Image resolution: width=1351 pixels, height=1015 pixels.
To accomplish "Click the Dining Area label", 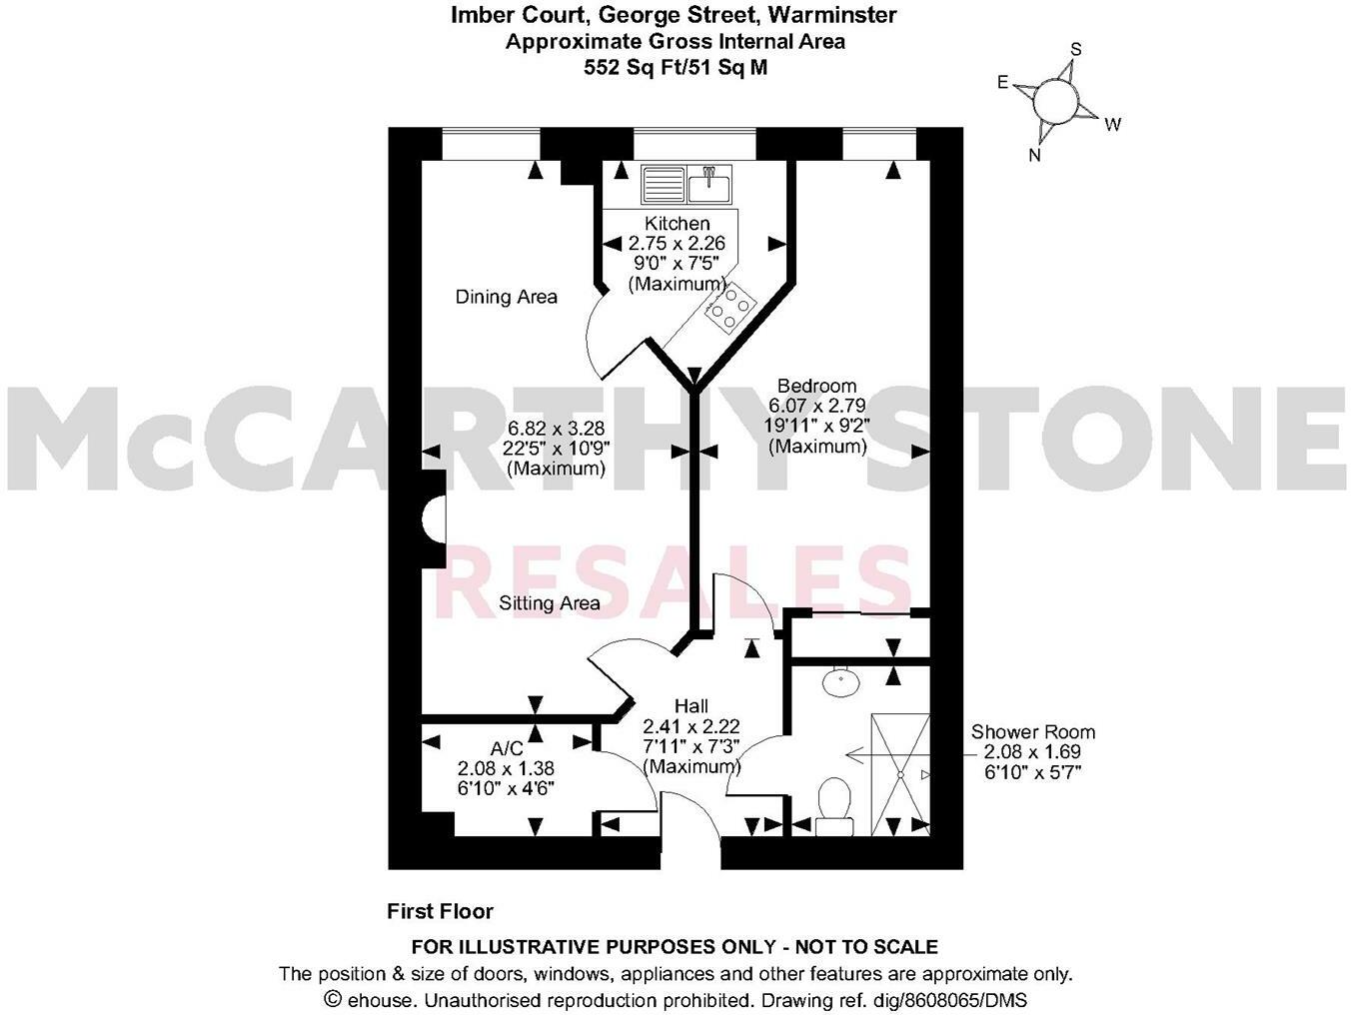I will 506,297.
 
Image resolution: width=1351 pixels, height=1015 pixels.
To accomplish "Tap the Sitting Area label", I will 550,602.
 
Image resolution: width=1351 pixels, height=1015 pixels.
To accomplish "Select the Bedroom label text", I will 816,386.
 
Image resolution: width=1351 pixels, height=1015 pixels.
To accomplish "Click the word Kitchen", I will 676,224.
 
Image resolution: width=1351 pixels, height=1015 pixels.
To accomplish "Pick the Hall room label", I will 690,706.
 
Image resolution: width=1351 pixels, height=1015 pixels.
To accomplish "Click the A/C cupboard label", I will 506,748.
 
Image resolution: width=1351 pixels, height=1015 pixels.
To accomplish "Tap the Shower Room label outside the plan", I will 1032,732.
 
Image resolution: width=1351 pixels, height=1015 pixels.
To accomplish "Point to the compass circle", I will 1054,101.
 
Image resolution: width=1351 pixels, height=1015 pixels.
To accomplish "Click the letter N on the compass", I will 1034,155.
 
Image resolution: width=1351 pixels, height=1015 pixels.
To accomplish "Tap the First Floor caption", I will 440,911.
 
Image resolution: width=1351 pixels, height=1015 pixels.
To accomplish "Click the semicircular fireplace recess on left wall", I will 434,519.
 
